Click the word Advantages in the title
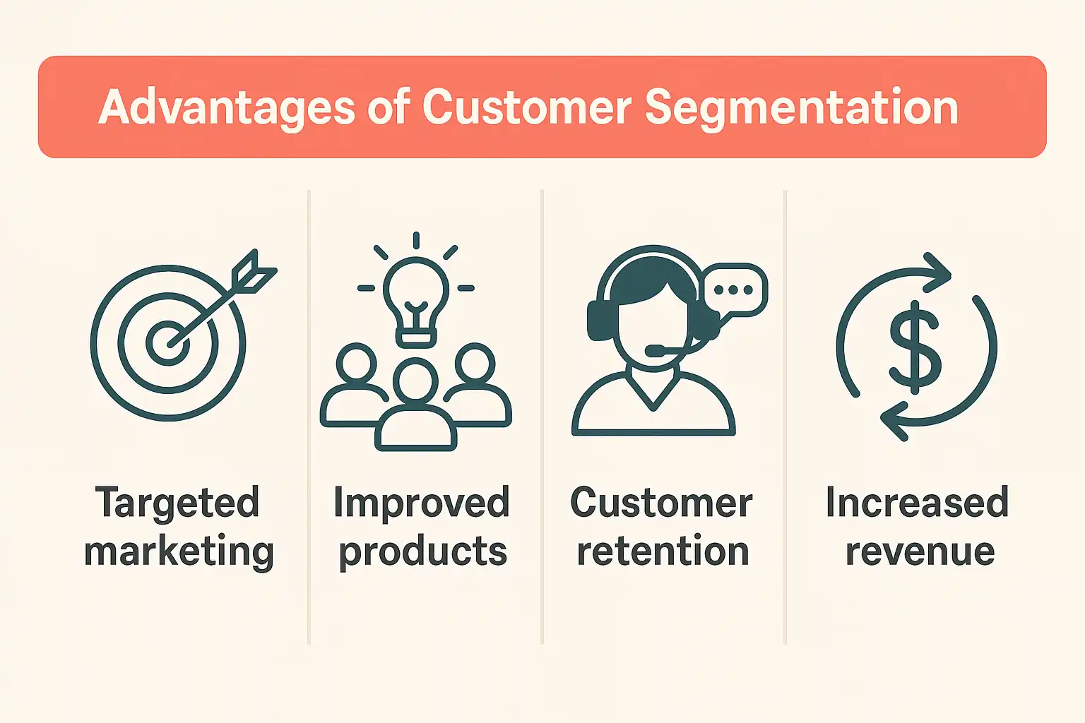[227, 108]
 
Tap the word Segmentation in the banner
[802, 108]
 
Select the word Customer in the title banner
[527, 107]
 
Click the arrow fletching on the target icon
[254, 272]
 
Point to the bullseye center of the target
[167, 343]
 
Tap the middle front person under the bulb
[415, 405]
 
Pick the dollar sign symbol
[915, 347]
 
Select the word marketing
[179, 552]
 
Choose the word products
[423, 552]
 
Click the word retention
[663, 551]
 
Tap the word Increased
[918, 502]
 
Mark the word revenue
[920, 553]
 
